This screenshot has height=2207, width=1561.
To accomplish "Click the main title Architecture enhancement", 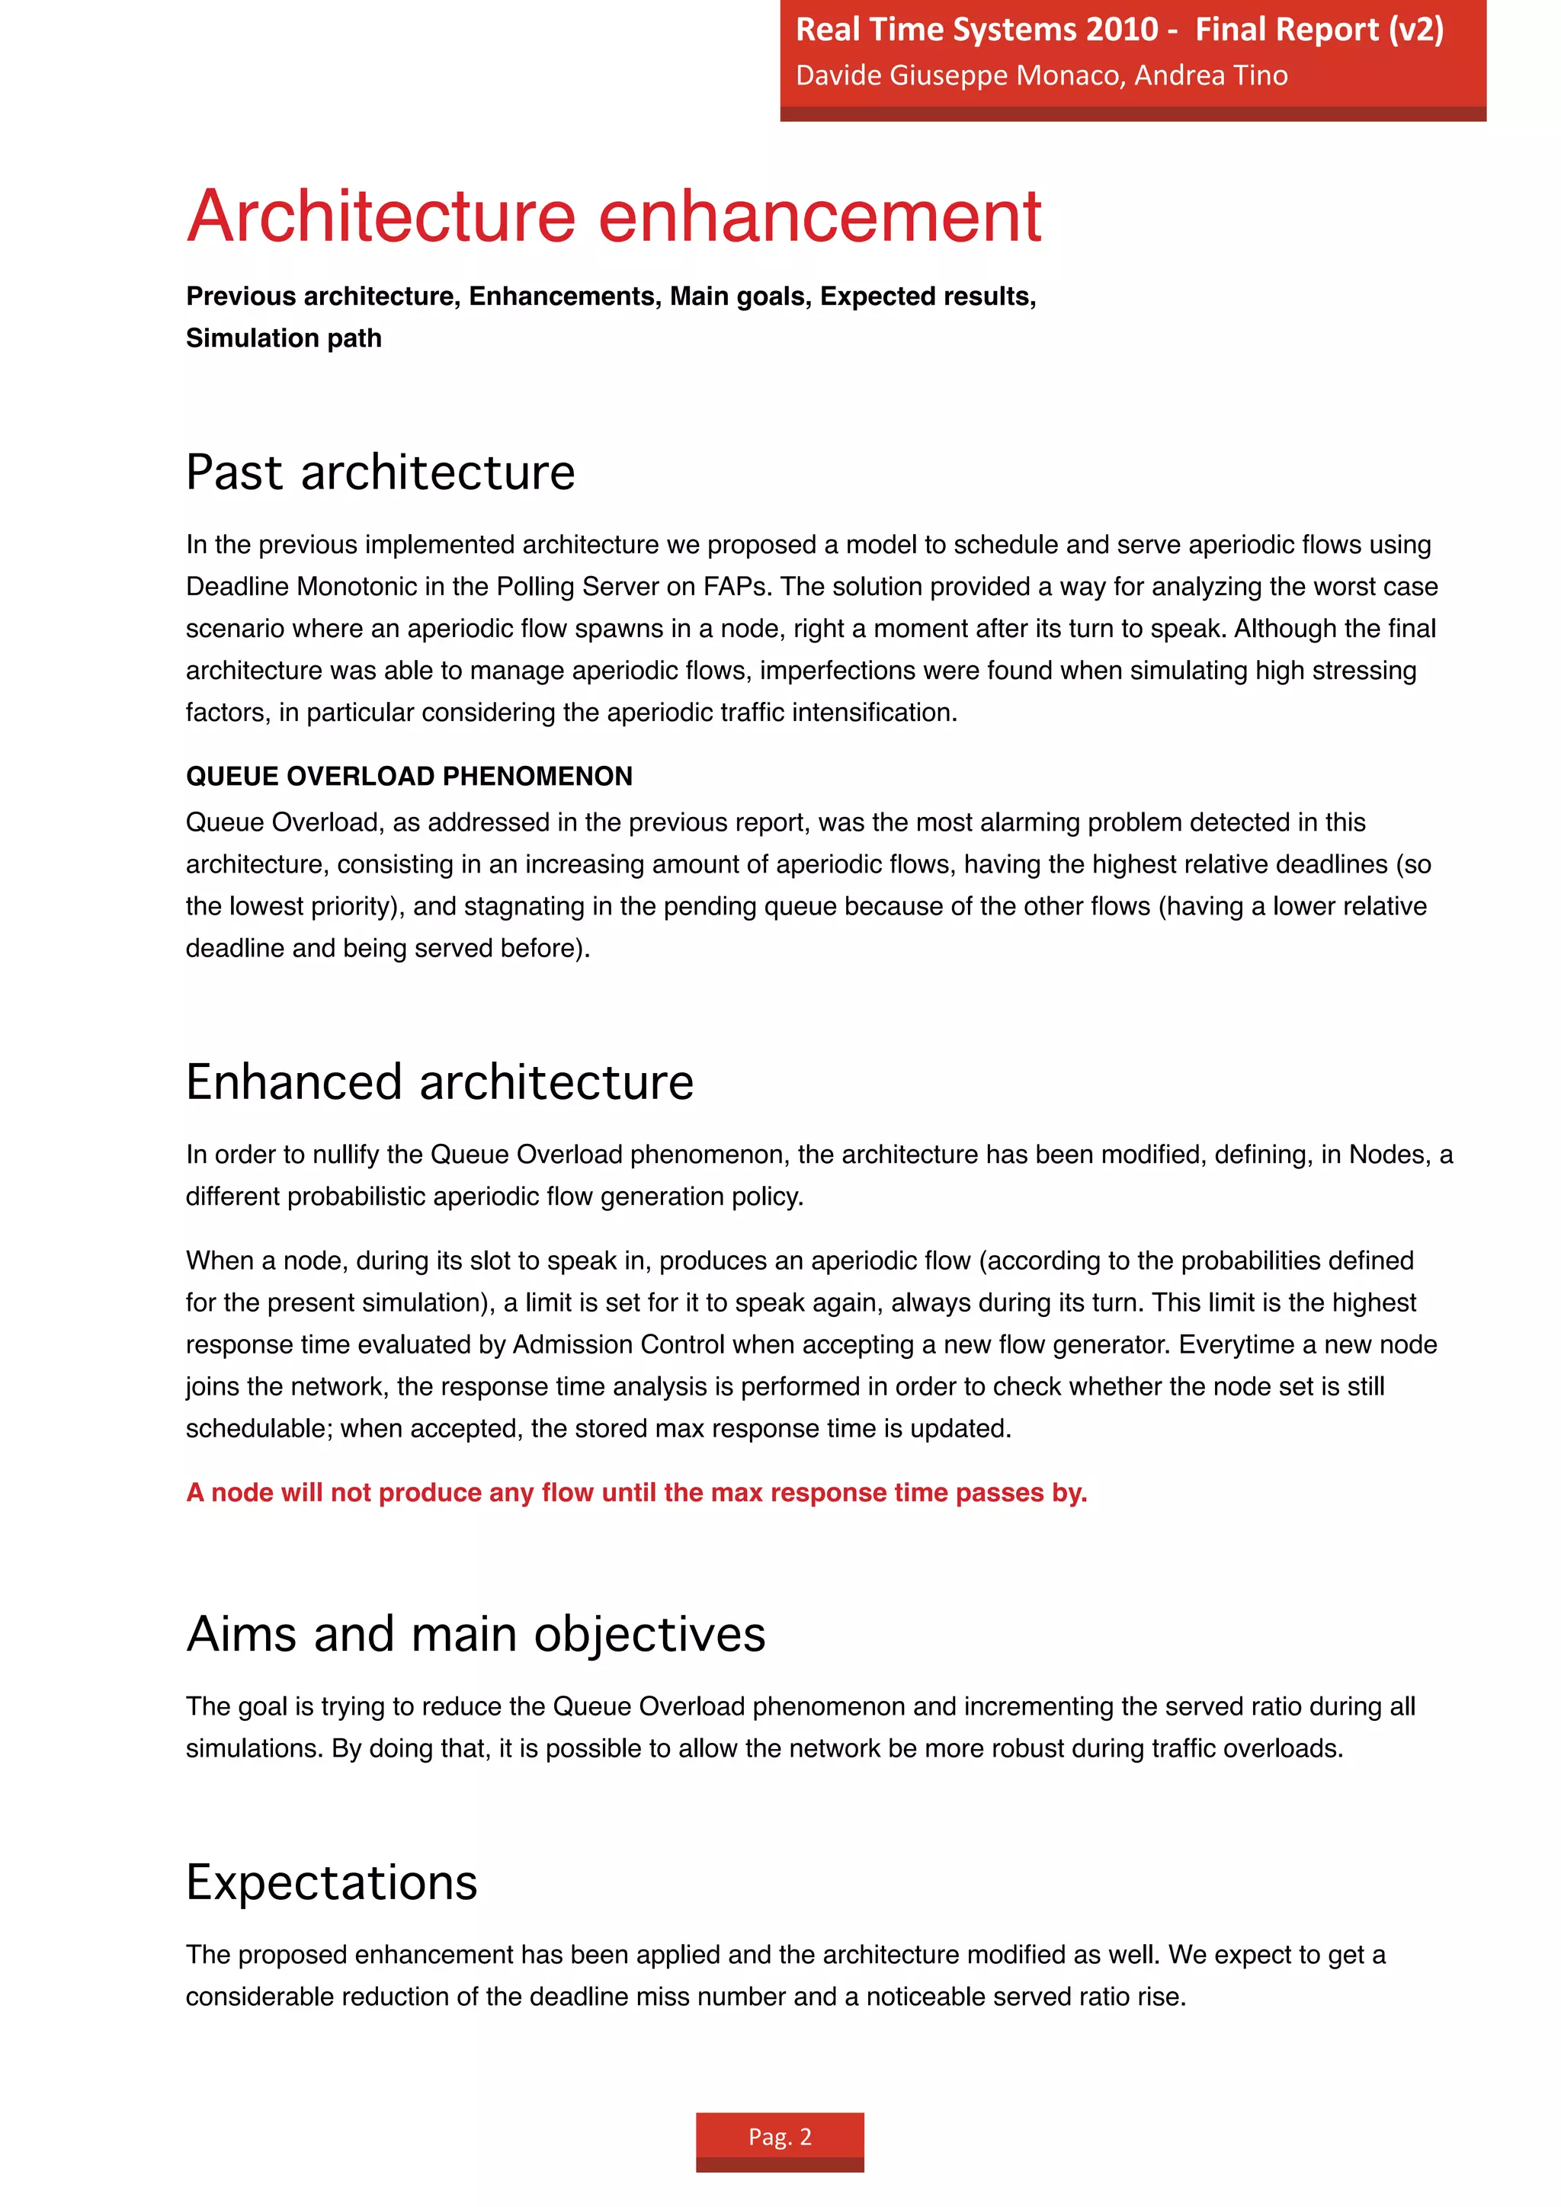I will click(614, 216).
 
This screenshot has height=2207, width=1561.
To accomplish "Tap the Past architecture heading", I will click(380, 473).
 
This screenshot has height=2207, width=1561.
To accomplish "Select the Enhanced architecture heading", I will click(439, 1082).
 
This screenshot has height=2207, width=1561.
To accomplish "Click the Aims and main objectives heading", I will click(476, 1634).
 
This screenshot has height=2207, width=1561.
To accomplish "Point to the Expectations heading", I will click(332, 1882).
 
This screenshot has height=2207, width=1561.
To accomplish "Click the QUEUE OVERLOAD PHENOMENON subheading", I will click(409, 776).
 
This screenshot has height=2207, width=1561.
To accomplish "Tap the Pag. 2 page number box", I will click(780, 2136).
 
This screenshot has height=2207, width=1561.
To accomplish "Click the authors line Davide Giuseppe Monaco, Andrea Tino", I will click(1041, 75).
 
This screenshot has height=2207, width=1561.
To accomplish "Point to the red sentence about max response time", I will click(636, 1492).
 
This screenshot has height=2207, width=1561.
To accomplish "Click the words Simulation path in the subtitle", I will click(284, 338).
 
